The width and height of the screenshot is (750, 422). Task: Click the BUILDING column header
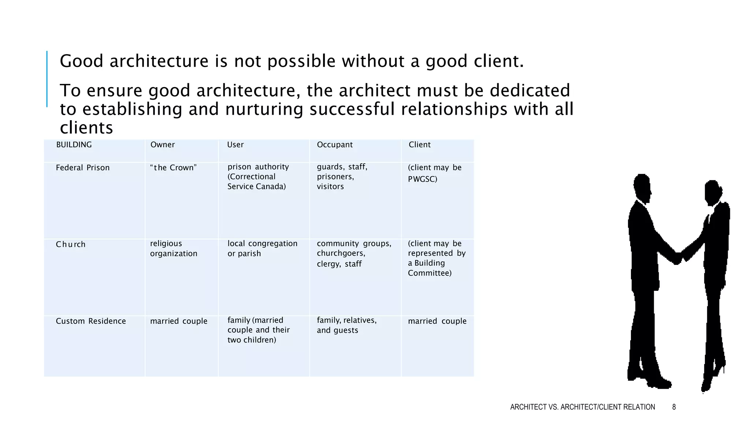coord(74,145)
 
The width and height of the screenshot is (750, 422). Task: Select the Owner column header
coord(163,145)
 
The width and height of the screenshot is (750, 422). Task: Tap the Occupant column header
coord(335,145)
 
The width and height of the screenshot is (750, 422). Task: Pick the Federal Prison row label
coord(83,168)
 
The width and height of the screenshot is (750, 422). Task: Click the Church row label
coord(71,244)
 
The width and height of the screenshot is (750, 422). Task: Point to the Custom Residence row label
coord(91,321)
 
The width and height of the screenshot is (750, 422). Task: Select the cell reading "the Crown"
coord(174,168)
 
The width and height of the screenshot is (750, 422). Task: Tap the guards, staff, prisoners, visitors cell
coord(342,177)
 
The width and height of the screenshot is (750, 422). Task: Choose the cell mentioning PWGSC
coord(435,173)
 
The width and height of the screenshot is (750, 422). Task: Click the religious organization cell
coord(174,248)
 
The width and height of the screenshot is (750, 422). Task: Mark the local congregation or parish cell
coord(262,248)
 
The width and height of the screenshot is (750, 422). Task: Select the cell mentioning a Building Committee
coord(437,258)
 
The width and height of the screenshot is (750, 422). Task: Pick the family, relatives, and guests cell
coord(346,325)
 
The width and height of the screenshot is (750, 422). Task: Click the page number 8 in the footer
coord(674,407)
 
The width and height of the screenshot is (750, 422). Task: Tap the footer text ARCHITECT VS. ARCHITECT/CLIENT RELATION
coord(582,407)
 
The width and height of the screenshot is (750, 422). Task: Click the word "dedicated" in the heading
coord(530,90)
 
